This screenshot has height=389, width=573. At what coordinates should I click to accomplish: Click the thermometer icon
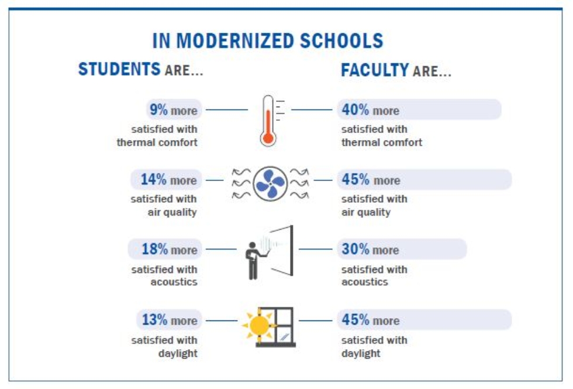click(268, 120)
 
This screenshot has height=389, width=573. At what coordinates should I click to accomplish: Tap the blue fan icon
click(270, 183)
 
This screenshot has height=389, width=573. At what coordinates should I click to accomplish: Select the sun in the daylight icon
click(258, 324)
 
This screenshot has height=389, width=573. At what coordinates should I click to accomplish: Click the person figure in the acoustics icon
click(253, 260)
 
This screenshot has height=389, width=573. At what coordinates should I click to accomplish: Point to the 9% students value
click(157, 110)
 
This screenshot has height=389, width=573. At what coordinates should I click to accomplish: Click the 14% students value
click(153, 179)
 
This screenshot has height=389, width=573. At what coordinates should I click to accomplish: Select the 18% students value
click(154, 250)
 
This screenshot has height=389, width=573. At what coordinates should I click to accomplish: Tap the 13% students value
click(155, 320)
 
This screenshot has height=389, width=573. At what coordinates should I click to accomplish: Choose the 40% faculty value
click(355, 110)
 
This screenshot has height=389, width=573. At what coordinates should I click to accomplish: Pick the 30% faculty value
click(355, 250)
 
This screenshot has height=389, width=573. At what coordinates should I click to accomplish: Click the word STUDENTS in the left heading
click(119, 70)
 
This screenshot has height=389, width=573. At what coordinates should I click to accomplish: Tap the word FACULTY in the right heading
click(375, 71)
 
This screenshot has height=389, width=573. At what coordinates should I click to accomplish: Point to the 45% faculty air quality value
click(355, 179)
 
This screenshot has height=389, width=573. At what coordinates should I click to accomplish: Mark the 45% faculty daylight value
click(355, 320)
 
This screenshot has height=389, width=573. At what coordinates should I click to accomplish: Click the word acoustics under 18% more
click(174, 282)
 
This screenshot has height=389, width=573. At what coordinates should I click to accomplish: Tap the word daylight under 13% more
click(178, 353)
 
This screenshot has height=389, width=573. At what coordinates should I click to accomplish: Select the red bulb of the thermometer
click(268, 138)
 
